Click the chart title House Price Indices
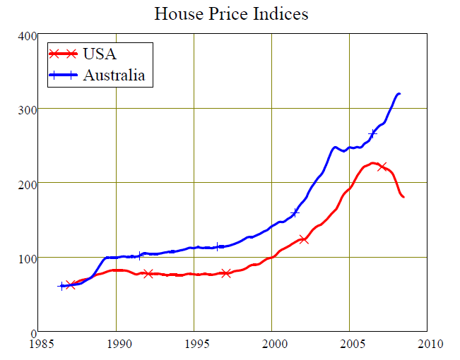231,13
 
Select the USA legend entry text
100,54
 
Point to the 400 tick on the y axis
27,35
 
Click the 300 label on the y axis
27,109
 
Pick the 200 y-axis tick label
27,184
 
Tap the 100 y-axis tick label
27,258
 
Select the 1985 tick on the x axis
39,344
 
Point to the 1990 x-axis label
117,344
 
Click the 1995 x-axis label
194,344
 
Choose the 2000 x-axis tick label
272,344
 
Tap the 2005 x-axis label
350,344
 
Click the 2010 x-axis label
427,344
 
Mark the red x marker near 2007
382,167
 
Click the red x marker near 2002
304,239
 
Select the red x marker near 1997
226,272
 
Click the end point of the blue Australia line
400,93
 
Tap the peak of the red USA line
373,163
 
